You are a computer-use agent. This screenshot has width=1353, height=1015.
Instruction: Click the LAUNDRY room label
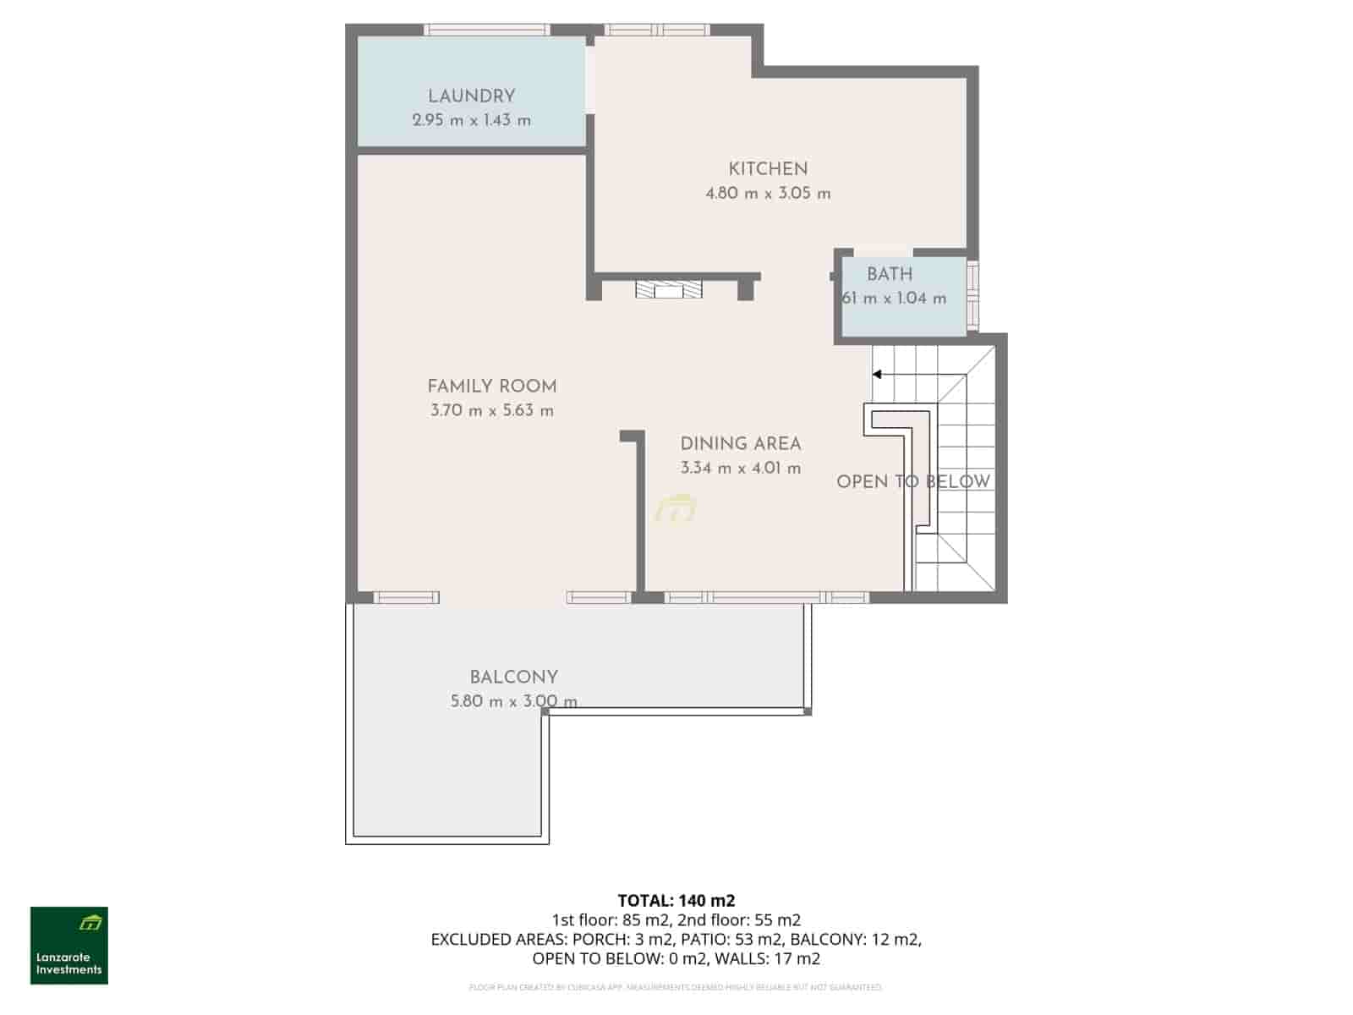(x=471, y=96)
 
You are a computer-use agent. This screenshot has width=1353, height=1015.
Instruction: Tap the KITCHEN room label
(x=768, y=169)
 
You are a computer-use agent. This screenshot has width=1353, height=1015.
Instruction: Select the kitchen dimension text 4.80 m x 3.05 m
(x=768, y=194)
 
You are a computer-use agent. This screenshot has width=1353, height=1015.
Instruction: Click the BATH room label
(x=890, y=274)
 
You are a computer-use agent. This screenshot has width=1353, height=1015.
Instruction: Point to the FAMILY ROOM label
(x=491, y=387)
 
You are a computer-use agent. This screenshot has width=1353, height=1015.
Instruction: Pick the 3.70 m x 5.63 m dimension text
(x=491, y=411)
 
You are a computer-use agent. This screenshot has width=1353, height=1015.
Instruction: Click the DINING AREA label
(x=740, y=444)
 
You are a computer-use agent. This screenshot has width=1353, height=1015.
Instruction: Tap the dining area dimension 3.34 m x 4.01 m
(x=740, y=469)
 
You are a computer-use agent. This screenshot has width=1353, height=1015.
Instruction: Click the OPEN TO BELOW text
(x=912, y=482)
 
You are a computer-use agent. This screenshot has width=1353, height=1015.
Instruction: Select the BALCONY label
(x=513, y=678)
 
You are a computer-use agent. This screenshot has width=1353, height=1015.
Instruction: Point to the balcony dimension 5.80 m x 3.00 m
(x=513, y=701)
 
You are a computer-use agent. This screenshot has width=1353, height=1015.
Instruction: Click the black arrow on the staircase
(x=877, y=374)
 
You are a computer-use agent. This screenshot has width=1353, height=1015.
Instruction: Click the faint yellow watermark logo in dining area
(x=676, y=509)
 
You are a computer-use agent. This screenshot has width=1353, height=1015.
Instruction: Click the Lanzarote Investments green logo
(x=69, y=945)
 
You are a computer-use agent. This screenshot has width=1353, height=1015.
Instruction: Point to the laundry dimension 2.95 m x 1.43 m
(x=471, y=120)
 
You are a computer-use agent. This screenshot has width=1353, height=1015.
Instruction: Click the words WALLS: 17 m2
(x=767, y=958)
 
